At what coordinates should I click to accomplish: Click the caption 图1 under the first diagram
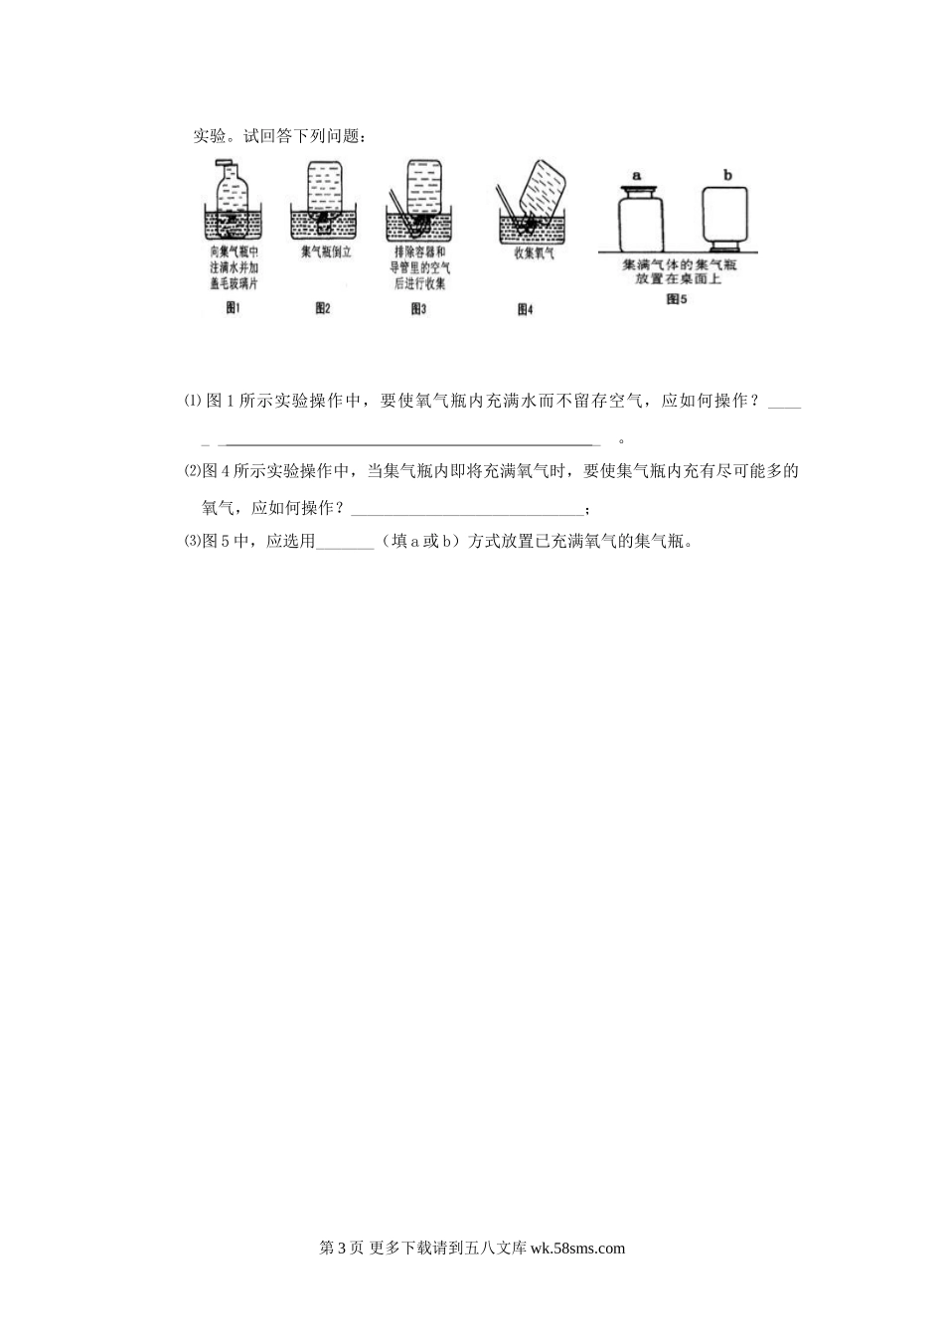coord(235,309)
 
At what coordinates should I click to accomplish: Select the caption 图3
coord(418,309)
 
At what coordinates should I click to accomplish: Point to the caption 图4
coord(526,309)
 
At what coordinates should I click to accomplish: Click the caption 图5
coord(677,298)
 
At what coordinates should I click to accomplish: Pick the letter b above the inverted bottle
coord(727,176)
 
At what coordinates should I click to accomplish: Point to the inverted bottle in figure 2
coord(325,187)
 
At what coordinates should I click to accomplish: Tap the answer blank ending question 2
coord(467,509)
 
